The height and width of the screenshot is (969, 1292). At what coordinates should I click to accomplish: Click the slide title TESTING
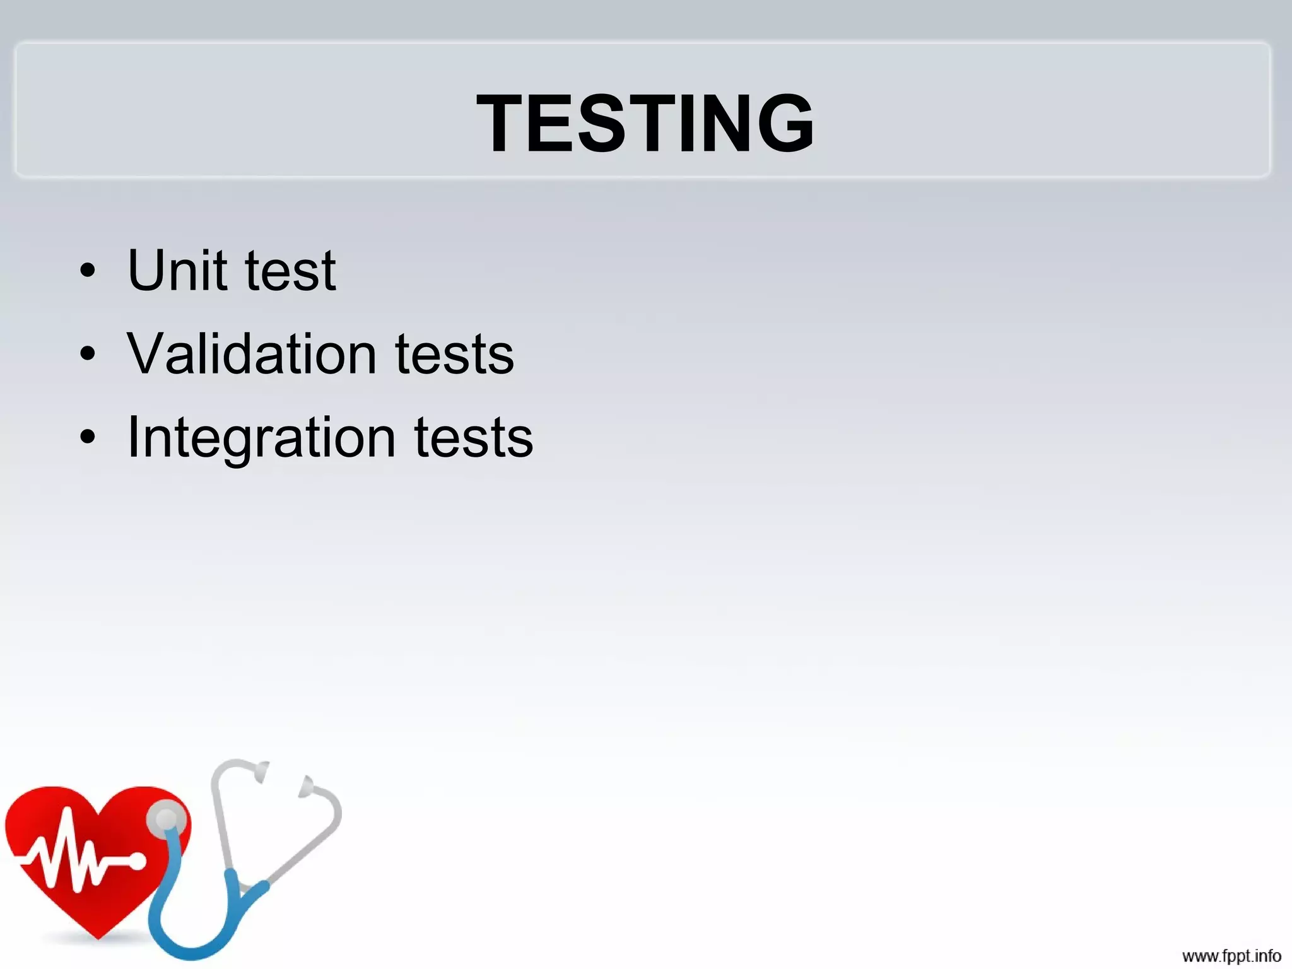click(x=645, y=123)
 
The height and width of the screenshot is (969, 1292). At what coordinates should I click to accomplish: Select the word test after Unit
click(x=290, y=272)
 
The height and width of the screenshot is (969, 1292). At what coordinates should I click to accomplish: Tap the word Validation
click(x=252, y=354)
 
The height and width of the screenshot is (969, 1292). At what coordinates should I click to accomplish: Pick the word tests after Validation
click(x=454, y=355)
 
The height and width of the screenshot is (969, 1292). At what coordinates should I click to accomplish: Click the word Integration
click(x=261, y=438)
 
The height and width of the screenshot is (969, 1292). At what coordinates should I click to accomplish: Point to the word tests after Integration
click(x=473, y=438)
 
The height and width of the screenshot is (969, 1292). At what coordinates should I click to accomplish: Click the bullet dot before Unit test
click(x=88, y=271)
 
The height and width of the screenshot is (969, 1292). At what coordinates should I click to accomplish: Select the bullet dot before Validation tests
click(x=88, y=355)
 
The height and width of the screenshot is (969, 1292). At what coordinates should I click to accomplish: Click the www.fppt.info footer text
click(x=1231, y=956)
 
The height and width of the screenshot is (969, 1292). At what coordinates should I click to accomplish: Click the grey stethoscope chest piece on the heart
click(x=167, y=819)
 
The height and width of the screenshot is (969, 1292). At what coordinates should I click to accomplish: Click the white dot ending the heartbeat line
click(x=137, y=860)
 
